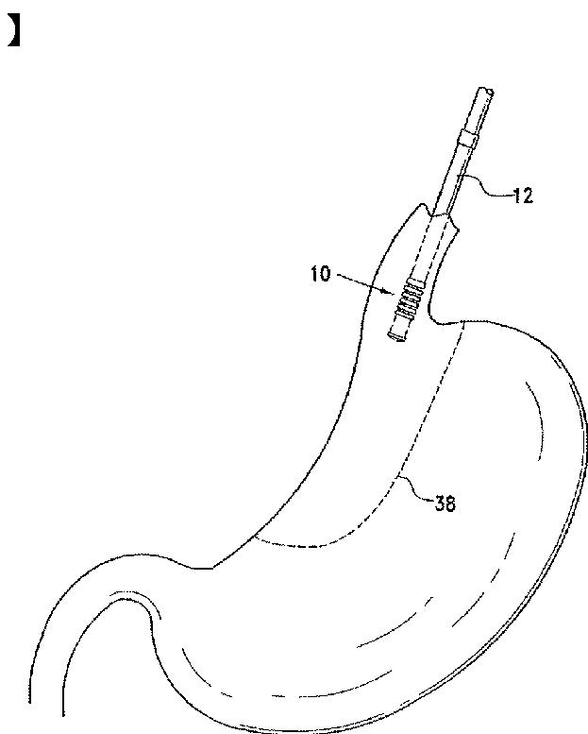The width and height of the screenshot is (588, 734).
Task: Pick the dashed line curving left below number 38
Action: pyautogui.click(x=321, y=543)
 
